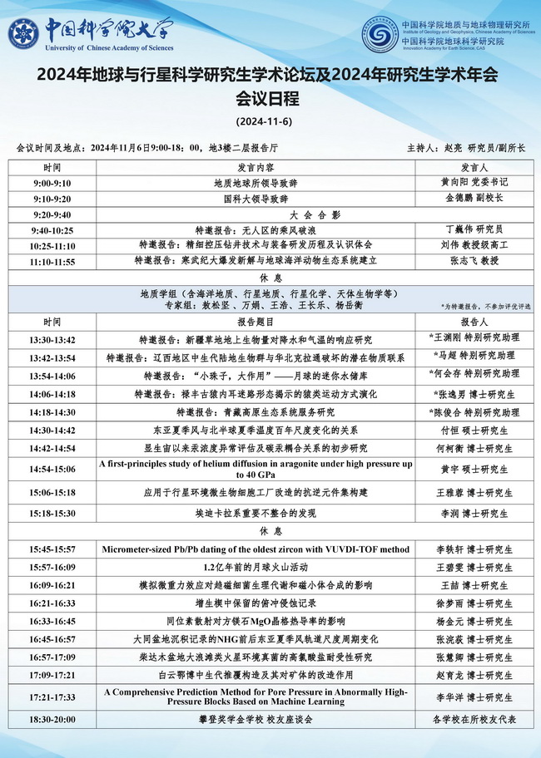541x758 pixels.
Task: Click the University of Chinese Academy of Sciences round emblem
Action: [x=24, y=34]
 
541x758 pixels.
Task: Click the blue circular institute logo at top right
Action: [x=379, y=34]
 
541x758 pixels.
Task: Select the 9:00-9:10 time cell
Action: [x=52, y=182]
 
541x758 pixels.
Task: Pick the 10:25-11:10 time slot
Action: [x=52, y=245]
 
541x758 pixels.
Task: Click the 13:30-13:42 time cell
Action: [x=52, y=340]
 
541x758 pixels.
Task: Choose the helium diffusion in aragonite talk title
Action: [x=256, y=469]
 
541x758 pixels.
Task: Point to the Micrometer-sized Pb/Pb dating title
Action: [x=256, y=549]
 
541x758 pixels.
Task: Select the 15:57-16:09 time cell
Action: [x=52, y=566]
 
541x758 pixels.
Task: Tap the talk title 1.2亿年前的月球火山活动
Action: [x=256, y=566]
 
